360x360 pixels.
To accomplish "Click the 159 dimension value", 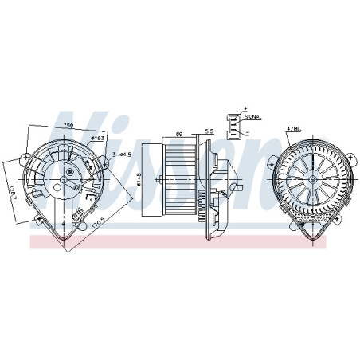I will pyautogui.click(x=68, y=125).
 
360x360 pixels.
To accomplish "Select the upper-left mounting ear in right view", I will pyautogui.click(x=272, y=162).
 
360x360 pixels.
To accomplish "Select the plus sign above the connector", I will pyautogui.click(x=246, y=107).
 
